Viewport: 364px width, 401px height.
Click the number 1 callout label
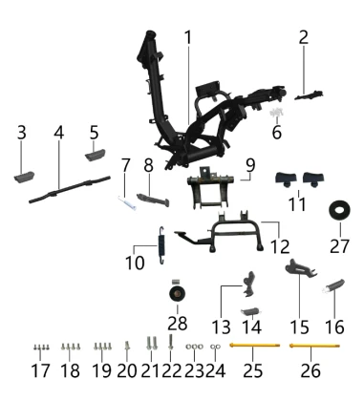tap(188, 37)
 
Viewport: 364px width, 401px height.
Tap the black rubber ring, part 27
tap(339, 210)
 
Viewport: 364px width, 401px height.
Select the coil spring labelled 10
tap(161, 245)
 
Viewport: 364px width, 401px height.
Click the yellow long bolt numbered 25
tap(254, 346)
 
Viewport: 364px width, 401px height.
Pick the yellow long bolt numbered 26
tap(314, 346)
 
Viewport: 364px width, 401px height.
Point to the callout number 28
tap(177, 324)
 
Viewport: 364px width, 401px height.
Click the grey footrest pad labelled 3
tap(24, 177)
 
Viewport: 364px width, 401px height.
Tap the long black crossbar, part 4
tap(70, 190)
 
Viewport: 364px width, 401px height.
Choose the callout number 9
tap(250, 166)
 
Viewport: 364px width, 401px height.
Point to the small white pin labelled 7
tap(127, 203)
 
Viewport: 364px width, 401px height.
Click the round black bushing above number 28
tap(177, 293)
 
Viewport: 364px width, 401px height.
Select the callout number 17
tap(40, 370)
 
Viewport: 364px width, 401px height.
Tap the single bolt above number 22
tap(171, 342)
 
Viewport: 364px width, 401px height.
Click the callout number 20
tap(127, 370)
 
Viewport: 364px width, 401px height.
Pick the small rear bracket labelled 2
tap(309, 95)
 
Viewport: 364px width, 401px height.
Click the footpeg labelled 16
tap(333, 285)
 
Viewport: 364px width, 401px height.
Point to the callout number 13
tap(222, 327)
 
